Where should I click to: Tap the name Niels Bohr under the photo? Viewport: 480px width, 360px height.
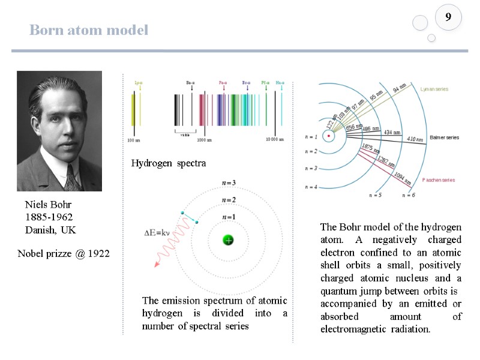point(48,205)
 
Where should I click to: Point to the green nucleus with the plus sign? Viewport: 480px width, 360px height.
point(229,239)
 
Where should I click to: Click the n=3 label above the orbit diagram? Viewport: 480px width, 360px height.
point(229,182)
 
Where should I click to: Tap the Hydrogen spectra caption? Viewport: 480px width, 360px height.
point(168,163)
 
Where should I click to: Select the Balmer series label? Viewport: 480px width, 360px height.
point(444,137)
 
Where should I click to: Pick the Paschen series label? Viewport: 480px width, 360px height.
point(439,180)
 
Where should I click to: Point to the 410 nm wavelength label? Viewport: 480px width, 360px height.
point(415,139)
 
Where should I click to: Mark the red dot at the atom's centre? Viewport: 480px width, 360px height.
point(329,137)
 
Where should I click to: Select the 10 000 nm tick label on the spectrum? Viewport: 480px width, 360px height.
point(274,140)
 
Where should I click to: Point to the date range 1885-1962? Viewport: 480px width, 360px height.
point(49,217)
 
